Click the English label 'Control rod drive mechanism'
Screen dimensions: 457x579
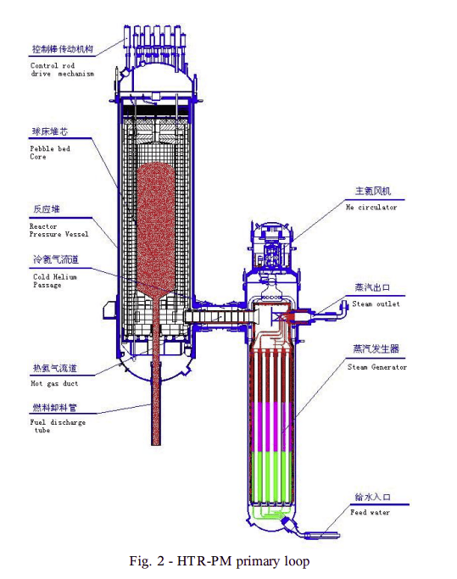coord(62,70)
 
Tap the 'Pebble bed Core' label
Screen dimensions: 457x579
coord(50,153)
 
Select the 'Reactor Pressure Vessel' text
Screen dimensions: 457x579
coord(59,230)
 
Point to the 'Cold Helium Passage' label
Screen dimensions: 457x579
coord(55,281)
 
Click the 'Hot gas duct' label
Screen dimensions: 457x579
coord(54,383)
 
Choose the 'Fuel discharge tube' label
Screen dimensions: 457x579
coord(58,426)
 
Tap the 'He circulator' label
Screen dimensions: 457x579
coord(371,207)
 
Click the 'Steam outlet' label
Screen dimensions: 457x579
coord(376,303)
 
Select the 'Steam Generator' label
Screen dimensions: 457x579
coord(376,367)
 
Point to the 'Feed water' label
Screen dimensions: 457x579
coord(370,512)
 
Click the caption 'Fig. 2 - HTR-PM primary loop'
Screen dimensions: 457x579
coord(220,561)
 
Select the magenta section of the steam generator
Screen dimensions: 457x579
coord(272,427)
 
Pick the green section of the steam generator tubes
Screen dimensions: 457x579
coord(272,477)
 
